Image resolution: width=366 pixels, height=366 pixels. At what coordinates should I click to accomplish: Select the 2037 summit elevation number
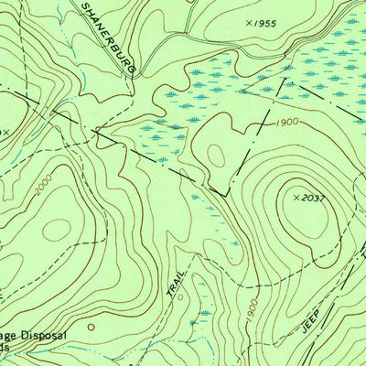[x=313, y=197]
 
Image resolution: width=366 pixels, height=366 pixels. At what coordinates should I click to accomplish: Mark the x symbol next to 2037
[x=295, y=197]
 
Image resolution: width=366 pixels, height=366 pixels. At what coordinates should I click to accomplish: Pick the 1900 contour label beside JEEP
[x=250, y=314]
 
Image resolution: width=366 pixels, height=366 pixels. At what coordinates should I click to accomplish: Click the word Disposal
[x=42, y=336]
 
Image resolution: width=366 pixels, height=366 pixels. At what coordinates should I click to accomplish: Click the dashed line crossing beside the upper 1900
[x=266, y=119]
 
